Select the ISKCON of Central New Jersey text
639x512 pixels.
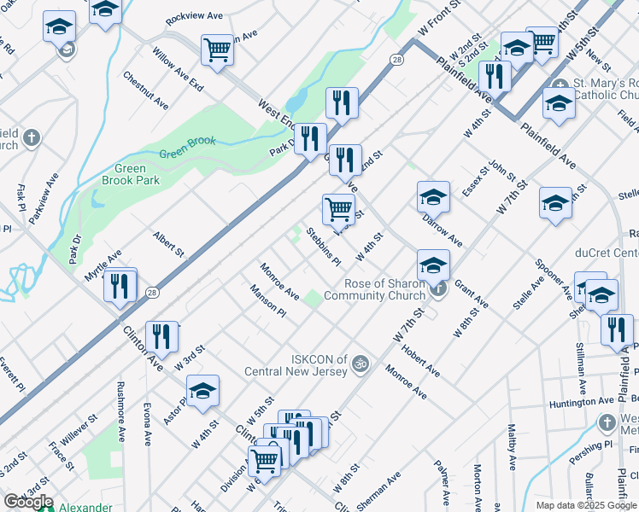point(296,365)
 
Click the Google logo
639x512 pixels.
point(28,502)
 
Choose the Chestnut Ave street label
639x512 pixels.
point(146,90)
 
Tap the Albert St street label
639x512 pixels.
point(168,243)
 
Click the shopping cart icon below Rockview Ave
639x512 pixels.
point(218,49)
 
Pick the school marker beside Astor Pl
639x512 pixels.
point(203,391)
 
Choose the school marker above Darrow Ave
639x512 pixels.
point(433,197)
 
